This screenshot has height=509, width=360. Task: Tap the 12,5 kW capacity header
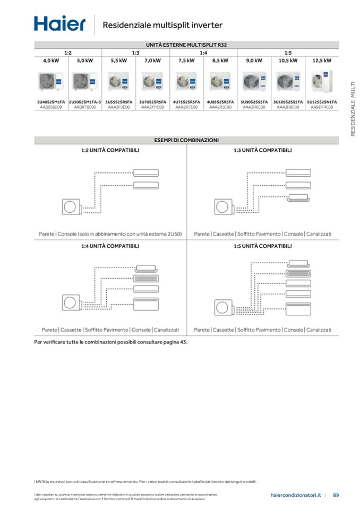[x=322, y=61]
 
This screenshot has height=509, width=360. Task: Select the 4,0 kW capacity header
[x=51, y=61]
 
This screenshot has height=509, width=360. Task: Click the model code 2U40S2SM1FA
[x=51, y=101]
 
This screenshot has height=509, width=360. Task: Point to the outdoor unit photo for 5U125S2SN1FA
[x=322, y=82]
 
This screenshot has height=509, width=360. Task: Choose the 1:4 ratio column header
[x=203, y=53]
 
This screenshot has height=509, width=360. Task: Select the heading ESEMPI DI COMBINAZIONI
[x=186, y=140]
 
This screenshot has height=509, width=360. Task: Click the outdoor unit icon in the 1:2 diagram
[x=70, y=207]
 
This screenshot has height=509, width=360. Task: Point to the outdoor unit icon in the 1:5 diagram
[x=223, y=307]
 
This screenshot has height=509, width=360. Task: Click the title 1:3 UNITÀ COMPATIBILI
[x=262, y=150]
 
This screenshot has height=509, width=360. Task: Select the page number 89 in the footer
[x=336, y=495]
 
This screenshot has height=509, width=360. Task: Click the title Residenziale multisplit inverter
[x=162, y=25]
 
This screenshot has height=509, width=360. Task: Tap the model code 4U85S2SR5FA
[x=220, y=101]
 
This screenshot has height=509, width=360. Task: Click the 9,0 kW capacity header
[x=254, y=61]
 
